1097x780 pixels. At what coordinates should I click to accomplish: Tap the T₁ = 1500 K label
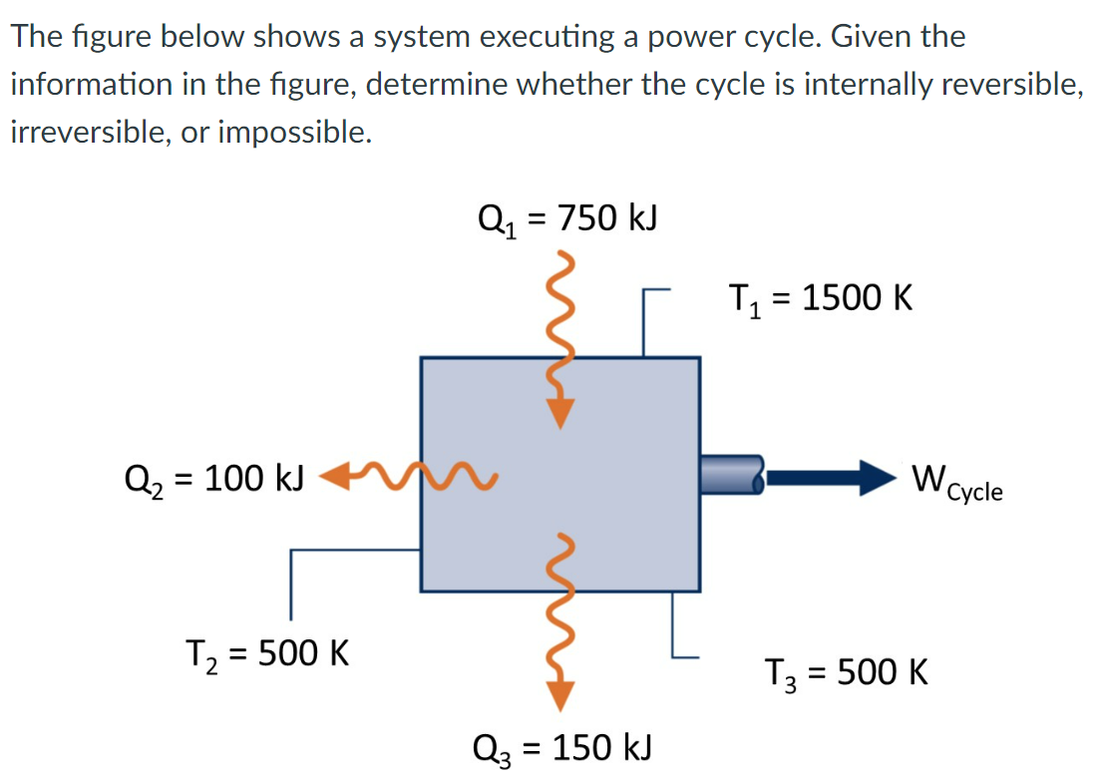820,298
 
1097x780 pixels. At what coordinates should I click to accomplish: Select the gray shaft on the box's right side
732,476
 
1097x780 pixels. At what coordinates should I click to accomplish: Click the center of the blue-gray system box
559,474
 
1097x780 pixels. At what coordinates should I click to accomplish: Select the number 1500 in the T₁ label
842,298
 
